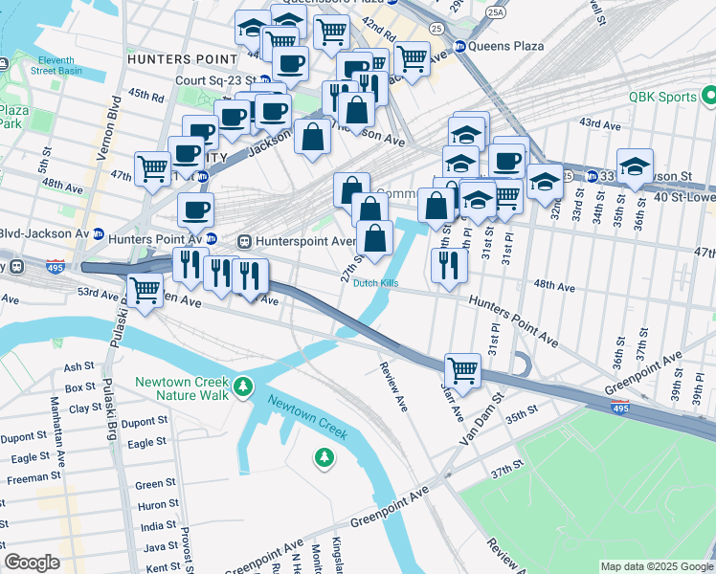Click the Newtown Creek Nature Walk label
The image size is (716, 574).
[x=182, y=387]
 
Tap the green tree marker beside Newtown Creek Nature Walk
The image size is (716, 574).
[x=244, y=386]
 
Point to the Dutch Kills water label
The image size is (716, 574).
[x=374, y=283]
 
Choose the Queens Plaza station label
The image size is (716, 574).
[x=506, y=46]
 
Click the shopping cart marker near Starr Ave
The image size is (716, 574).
[x=462, y=369]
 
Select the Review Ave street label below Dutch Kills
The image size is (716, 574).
[x=392, y=387]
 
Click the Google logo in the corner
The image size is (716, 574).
[x=32, y=563]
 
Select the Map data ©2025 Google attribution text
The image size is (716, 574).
[x=656, y=566]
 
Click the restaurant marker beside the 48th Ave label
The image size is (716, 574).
[x=447, y=264]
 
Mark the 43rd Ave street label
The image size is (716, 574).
[x=600, y=124]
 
